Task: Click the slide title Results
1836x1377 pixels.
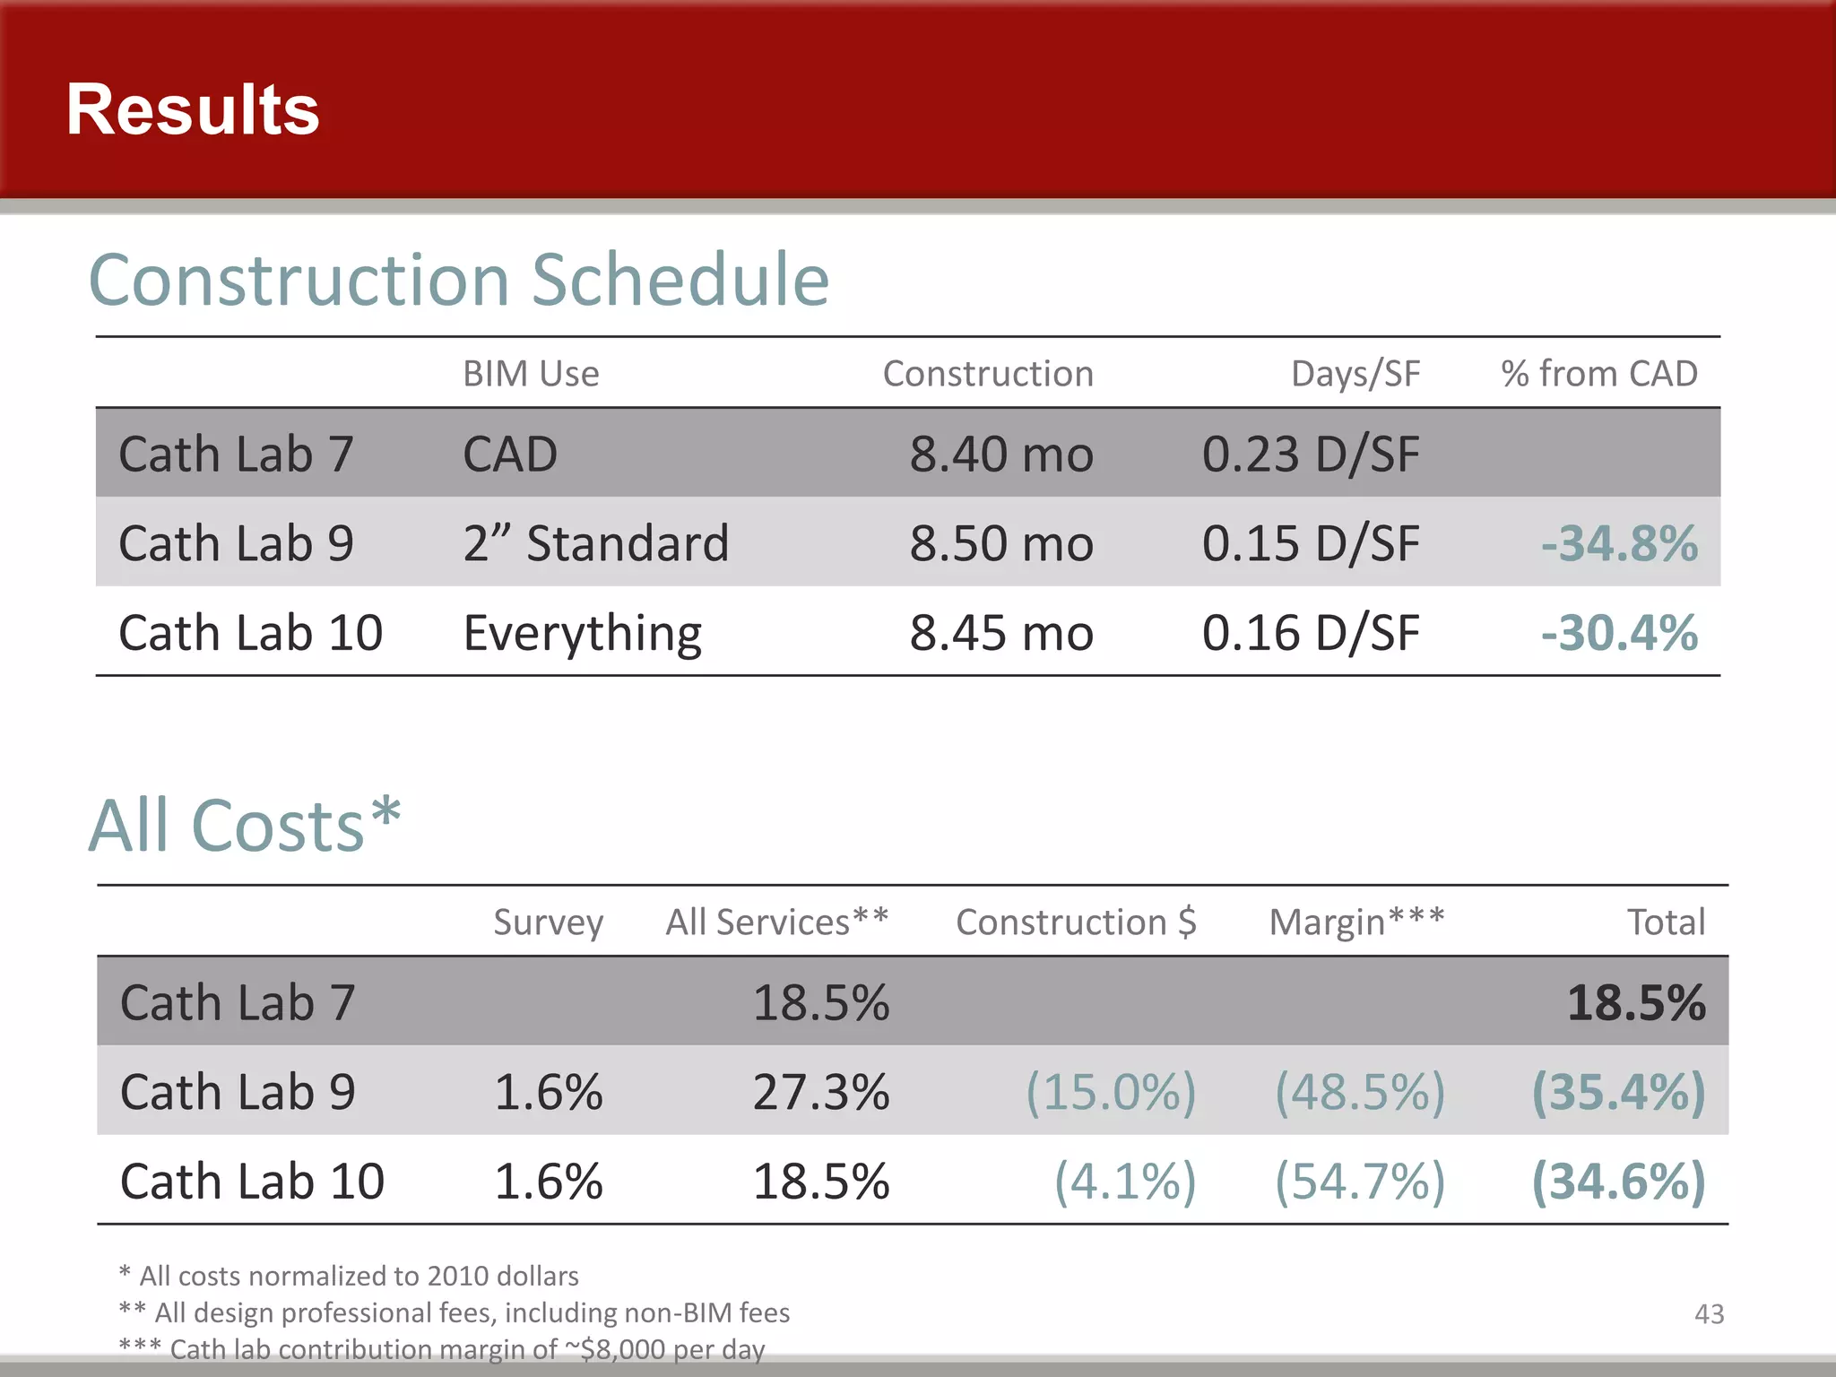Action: pos(193,110)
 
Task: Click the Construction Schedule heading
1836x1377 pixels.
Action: pos(459,280)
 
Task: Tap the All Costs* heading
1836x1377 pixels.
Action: pos(245,825)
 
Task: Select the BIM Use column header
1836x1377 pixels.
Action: pos(531,374)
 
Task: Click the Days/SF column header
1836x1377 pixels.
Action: pos(1355,374)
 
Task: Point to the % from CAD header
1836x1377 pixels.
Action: pos(1599,374)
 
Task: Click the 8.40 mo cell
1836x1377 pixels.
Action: pos(1000,454)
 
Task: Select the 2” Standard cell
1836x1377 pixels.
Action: pos(596,543)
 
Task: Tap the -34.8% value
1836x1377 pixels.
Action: pos(1619,543)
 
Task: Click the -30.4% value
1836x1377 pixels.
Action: pos(1619,633)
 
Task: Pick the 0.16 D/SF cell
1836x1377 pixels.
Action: pos(1310,633)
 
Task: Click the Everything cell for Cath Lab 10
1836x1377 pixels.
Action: pos(583,634)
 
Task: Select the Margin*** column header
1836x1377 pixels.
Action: pos(1356,922)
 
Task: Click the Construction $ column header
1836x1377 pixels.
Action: pos(1076,922)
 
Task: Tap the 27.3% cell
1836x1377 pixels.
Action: pos(820,1092)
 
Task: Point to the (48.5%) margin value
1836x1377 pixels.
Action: pos(1360,1092)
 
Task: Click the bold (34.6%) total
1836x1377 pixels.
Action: pos(1618,1182)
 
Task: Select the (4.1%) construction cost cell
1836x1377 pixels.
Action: pos(1124,1182)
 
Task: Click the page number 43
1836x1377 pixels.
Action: pos(1709,1314)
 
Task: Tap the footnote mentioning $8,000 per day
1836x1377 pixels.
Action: pos(442,1349)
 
